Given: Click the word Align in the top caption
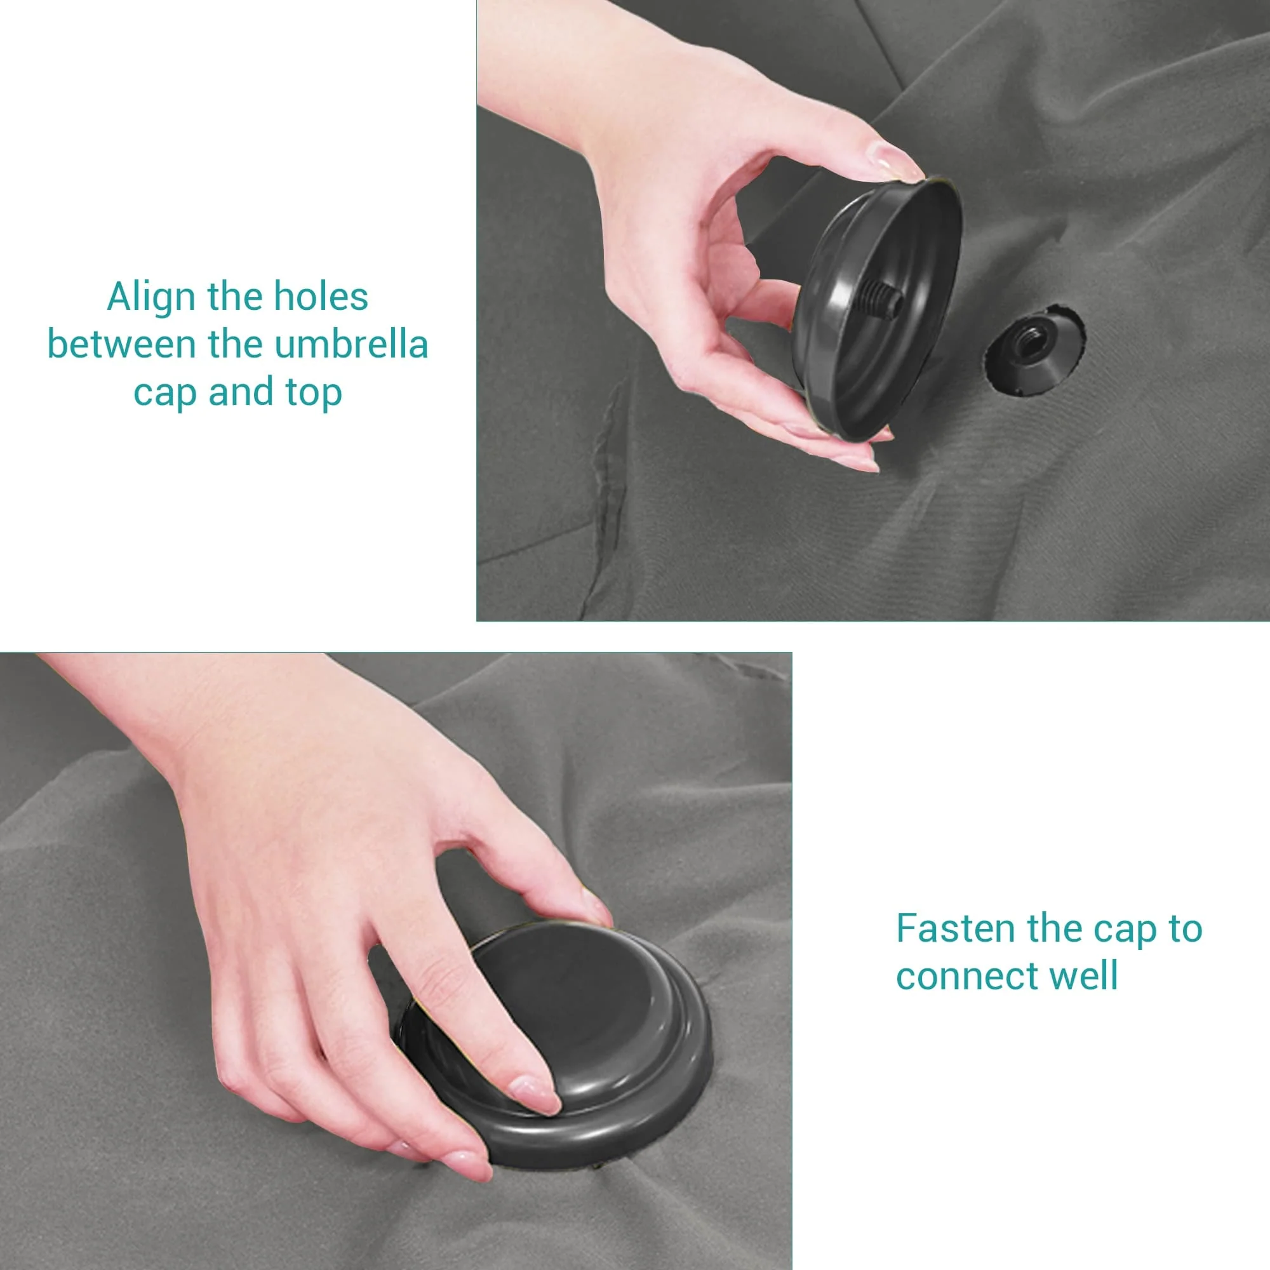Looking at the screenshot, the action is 152,297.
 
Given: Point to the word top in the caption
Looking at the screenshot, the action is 314,393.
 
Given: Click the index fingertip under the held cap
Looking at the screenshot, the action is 855,460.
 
